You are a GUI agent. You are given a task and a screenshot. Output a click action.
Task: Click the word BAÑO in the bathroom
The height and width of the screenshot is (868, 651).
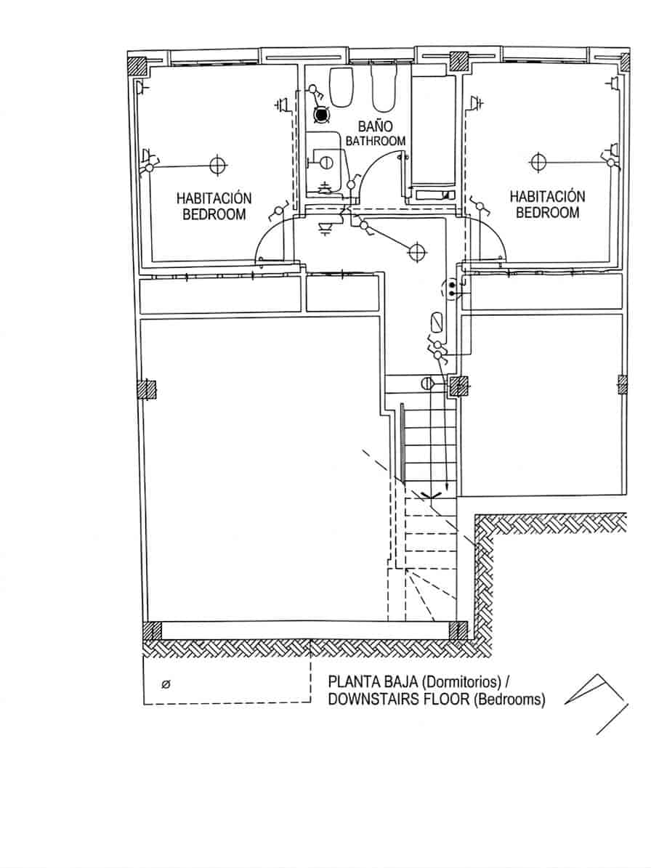375,126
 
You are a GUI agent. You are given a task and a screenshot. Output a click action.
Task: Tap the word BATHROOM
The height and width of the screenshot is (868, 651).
375,141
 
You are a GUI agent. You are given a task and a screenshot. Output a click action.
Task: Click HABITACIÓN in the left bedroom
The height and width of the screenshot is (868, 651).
214,198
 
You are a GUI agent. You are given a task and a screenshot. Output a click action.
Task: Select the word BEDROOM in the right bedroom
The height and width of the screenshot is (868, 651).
547,212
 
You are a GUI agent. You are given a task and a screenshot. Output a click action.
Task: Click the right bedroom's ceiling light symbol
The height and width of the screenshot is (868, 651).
538,161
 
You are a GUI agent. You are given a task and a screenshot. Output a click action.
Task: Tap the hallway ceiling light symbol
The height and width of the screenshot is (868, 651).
416,251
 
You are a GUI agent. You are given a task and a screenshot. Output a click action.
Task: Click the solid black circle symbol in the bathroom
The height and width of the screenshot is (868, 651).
320,113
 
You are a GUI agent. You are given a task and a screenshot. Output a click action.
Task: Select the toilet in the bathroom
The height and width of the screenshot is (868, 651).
341,86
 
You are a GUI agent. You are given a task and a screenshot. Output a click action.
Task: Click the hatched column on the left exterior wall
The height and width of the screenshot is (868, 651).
147,390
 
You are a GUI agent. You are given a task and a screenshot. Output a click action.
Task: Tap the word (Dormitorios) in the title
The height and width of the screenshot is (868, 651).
461,683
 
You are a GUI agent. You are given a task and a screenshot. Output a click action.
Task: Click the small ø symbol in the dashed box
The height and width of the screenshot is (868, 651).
166,684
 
